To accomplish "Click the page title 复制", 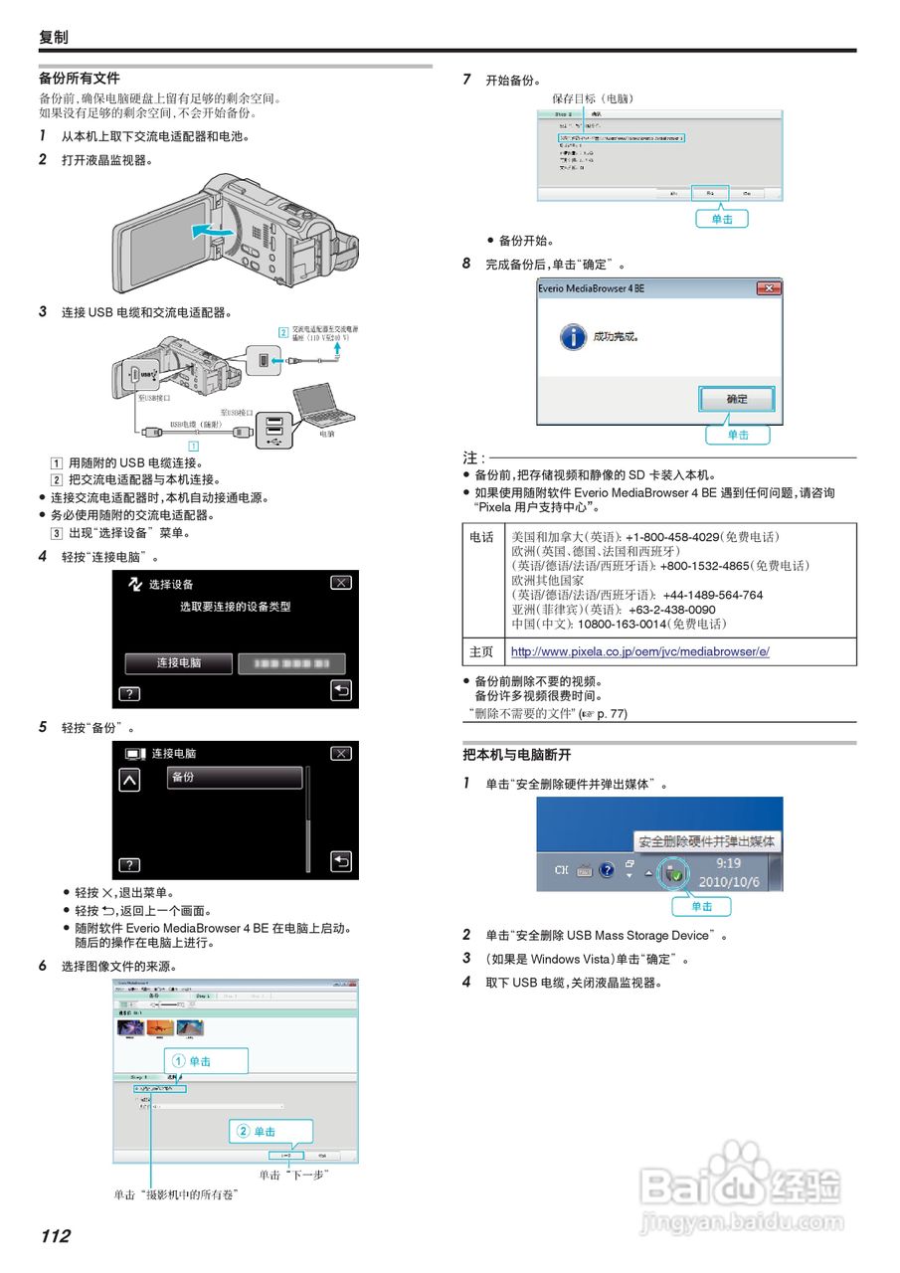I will click(x=54, y=37).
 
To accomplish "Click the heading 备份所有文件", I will click(x=80, y=78).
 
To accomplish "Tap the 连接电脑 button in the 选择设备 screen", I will click(x=179, y=663).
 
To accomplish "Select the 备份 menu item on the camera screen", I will click(x=235, y=778).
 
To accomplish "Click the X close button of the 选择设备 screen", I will click(x=341, y=584).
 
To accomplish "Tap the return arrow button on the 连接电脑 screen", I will click(x=341, y=861).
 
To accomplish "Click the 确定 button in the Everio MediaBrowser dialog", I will click(x=737, y=399).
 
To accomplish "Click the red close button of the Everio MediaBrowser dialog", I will click(x=768, y=288).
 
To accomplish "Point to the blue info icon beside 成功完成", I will click(x=572, y=336).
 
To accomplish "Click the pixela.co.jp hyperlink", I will click(x=639, y=652).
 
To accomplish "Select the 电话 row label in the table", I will click(x=481, y=537).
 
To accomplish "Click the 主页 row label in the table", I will click(x=481, y=652).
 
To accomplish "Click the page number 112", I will click(x=55, y=1236).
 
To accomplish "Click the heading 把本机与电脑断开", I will click(x=517, y=756).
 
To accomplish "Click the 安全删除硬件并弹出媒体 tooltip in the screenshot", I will click(x=707, y=841).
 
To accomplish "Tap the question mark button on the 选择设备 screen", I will click(x=130, y=694).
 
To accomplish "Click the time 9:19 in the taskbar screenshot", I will click(x=728, y=864).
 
